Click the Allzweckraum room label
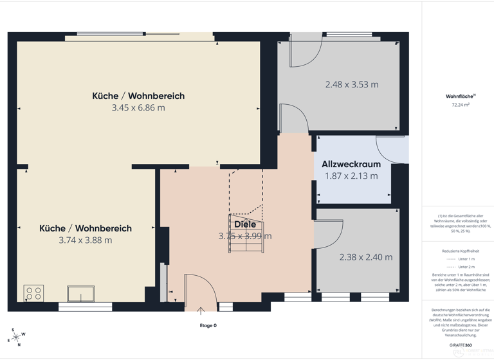point(351,165)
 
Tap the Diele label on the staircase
point(245,224)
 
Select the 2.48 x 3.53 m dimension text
point(351,84)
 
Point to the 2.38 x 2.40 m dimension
point(365,257)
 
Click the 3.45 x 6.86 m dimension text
point(138,108)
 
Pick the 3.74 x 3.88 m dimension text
point(86,240)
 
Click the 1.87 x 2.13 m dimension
point(351,175)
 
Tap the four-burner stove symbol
point(33,294)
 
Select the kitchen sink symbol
point(81,294)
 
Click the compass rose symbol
point(15,337)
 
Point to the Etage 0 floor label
point(208,325)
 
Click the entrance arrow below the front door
point(201,312)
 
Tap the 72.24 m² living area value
point(460,104)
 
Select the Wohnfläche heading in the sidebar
point(457,96)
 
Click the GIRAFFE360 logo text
point(460,345)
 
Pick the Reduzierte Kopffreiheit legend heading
point(461,251)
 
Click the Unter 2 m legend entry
point(466,267)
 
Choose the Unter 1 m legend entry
point(466,259)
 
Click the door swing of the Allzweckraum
point(390,149)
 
